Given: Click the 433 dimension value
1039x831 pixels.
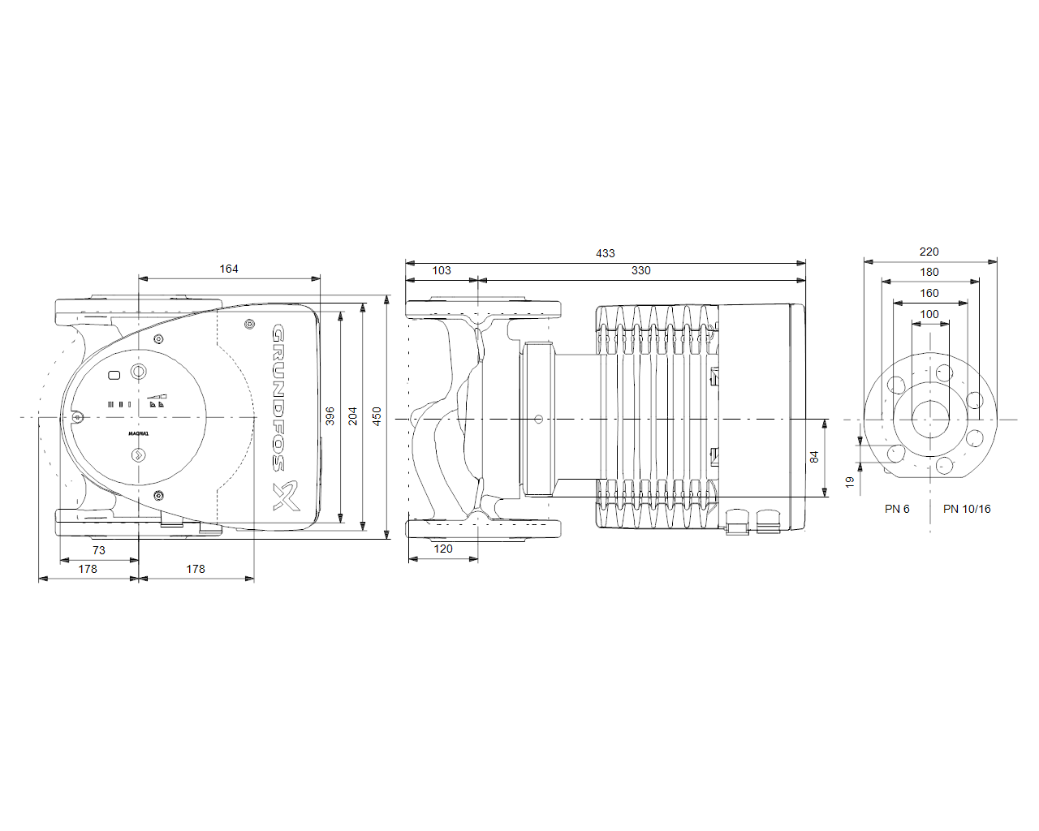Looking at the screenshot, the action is pos(605,253).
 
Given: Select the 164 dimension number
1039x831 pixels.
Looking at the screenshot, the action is pos(229,269).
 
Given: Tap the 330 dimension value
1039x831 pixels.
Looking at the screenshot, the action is pos(640,270).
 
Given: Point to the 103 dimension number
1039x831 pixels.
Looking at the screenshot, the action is pos(442,270).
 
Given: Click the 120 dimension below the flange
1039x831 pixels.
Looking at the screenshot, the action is pos(442,549).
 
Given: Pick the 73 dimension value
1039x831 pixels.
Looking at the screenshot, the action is pos(99,550).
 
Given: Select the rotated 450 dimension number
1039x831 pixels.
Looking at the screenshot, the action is pos(377,416).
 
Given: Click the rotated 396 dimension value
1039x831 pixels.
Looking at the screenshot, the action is pos(330,416).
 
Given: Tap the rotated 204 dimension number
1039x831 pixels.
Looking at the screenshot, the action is pos(353,416).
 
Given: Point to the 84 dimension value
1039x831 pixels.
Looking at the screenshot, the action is pos(814,457).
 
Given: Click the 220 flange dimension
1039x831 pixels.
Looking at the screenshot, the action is pos(929,252).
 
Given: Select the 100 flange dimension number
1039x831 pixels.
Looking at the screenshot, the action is pos(929,315).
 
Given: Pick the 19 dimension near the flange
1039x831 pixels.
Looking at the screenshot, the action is pos(850,482).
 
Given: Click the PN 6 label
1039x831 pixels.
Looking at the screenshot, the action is pos(897,509).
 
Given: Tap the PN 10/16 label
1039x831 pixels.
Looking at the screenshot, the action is pos(967,509).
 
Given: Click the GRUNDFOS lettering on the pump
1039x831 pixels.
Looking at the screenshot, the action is pos(278,398).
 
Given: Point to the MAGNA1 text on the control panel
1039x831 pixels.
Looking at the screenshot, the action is pos(139,433).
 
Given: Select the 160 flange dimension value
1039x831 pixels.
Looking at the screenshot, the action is pos(929,294).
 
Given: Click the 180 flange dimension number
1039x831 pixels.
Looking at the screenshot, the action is pos(929,273).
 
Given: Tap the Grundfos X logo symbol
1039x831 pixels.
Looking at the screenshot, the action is pos(286,495).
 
